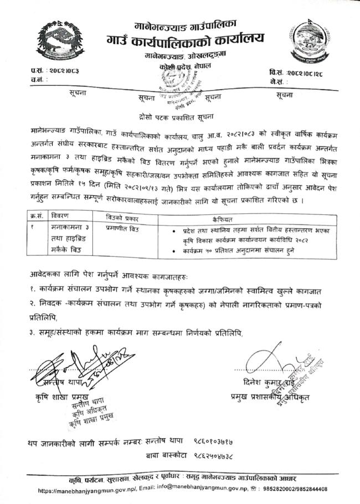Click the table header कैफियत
tap(247, 219)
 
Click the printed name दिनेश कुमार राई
tap(264, 382)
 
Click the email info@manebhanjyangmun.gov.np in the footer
tap(188, 490)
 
